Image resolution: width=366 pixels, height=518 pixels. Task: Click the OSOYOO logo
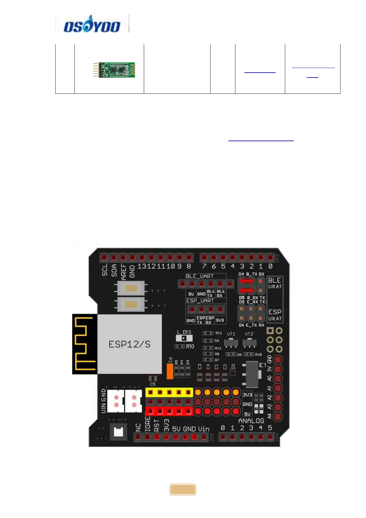[x=92, y=24]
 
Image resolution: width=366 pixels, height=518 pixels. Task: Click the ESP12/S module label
[x=129, y=344]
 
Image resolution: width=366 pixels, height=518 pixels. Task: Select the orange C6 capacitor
[x=170, y=371]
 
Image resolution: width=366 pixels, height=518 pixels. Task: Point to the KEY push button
[x=131, y=289]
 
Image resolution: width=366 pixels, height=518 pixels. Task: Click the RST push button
[x=131, y=305]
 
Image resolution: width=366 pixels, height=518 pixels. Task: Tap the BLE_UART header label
[x=200, y=276]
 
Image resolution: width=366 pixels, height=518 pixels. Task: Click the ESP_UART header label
[x=200, y=301]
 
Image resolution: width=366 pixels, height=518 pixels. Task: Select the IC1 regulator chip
[x=252, y=374]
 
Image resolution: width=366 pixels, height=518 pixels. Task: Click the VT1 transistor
[x=231, y=342]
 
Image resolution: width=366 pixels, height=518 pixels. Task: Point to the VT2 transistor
[x=249, y=342]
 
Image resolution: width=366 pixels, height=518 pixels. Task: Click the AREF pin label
[x=124, y=272]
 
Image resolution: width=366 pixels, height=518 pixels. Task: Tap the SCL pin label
[x=105, y=270]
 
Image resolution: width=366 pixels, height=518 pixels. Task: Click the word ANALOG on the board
[x=251, y=421]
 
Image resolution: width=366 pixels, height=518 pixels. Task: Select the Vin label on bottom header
[x=203, y=429]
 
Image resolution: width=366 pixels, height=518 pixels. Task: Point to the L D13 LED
[x=184, y=338]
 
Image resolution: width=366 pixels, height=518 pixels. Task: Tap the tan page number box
[x=183, y=489]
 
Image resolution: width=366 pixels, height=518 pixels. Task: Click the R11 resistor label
[x=218, y=333]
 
